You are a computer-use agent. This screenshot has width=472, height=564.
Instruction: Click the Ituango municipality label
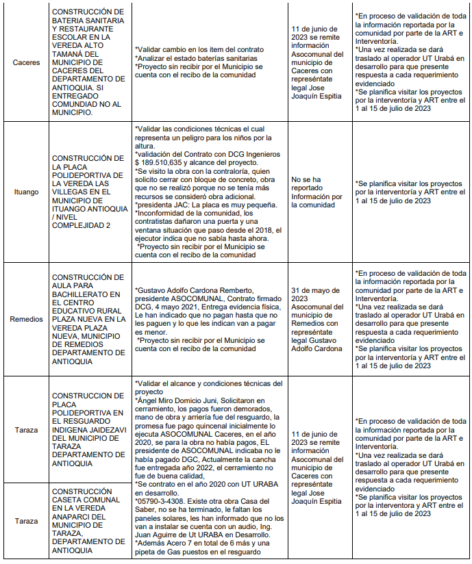[x=26, y=192]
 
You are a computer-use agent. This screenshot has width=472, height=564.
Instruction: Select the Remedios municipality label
[x=26, y=319]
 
